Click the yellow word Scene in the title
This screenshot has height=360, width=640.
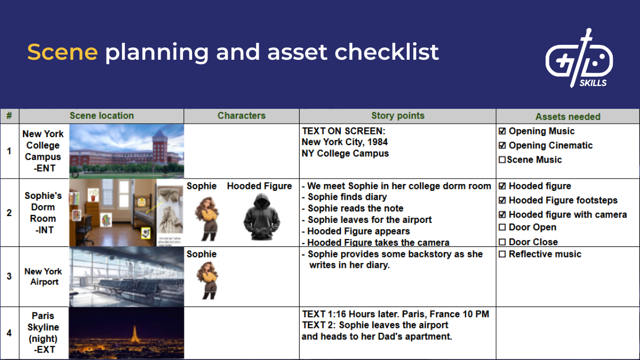click(x=62, y=52)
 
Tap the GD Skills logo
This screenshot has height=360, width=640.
click(x=579, y=58)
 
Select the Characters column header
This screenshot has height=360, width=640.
click(x=241, y=116)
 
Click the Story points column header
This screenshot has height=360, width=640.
click(x=398, y=116)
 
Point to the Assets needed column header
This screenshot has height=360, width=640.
click(x=568, y=116)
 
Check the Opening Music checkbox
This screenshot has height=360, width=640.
click(x=502, y=131)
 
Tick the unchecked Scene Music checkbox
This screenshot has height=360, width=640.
click(x=502, y=159)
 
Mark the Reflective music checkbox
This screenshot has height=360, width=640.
click(x=502, y=254)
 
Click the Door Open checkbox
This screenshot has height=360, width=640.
click(x=502, y=228)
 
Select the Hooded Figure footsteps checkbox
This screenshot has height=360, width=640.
click(x=502, y=201)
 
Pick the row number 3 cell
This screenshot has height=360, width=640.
click(x=9, y=276)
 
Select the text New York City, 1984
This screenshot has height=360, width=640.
click(x=345, y=142)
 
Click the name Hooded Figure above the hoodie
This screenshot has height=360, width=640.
click(x=259, y=186)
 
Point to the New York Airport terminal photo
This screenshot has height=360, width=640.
click(x=126, y=276)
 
